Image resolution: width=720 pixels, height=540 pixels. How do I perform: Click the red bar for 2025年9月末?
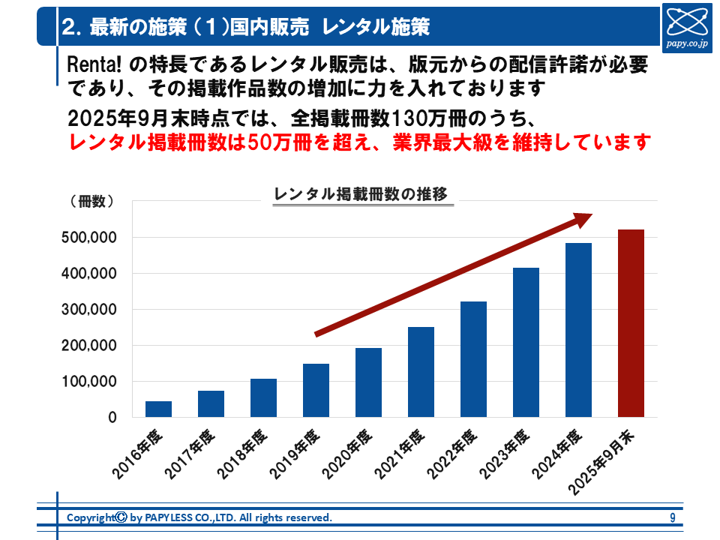click(631, 323)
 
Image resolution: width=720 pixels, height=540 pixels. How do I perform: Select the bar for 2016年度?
click(158, 409)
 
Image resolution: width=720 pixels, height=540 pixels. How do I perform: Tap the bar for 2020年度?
click(368, 382)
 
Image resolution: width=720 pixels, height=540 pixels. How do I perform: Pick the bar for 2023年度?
click(526, 342)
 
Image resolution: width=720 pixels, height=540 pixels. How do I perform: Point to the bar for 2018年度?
click(263, 397)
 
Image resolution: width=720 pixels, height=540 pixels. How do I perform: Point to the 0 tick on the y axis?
click(112, 418)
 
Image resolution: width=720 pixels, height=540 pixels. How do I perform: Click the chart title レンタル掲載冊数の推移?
click(361, 194)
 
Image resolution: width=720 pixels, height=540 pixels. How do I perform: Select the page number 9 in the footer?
click(673, 517)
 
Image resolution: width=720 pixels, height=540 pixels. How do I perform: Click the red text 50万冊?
click(280, 142)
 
